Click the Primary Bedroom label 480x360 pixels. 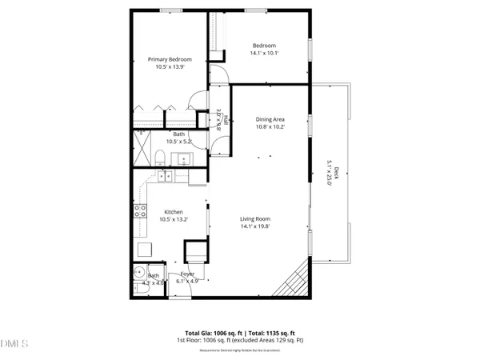click(x=170, y=58)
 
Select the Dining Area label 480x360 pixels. click(x=270, y=118)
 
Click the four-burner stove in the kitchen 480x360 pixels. click(x=139, y=212)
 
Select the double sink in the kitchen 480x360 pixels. click(x=165, y=176)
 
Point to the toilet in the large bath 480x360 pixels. click(x=160, y=155)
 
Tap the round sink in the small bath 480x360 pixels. click(x=138, y=270)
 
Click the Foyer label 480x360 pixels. click(x=186, y=274)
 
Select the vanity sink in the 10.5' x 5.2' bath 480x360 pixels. click(x=183, y=156)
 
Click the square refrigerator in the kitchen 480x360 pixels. click(x=145, y=247)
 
